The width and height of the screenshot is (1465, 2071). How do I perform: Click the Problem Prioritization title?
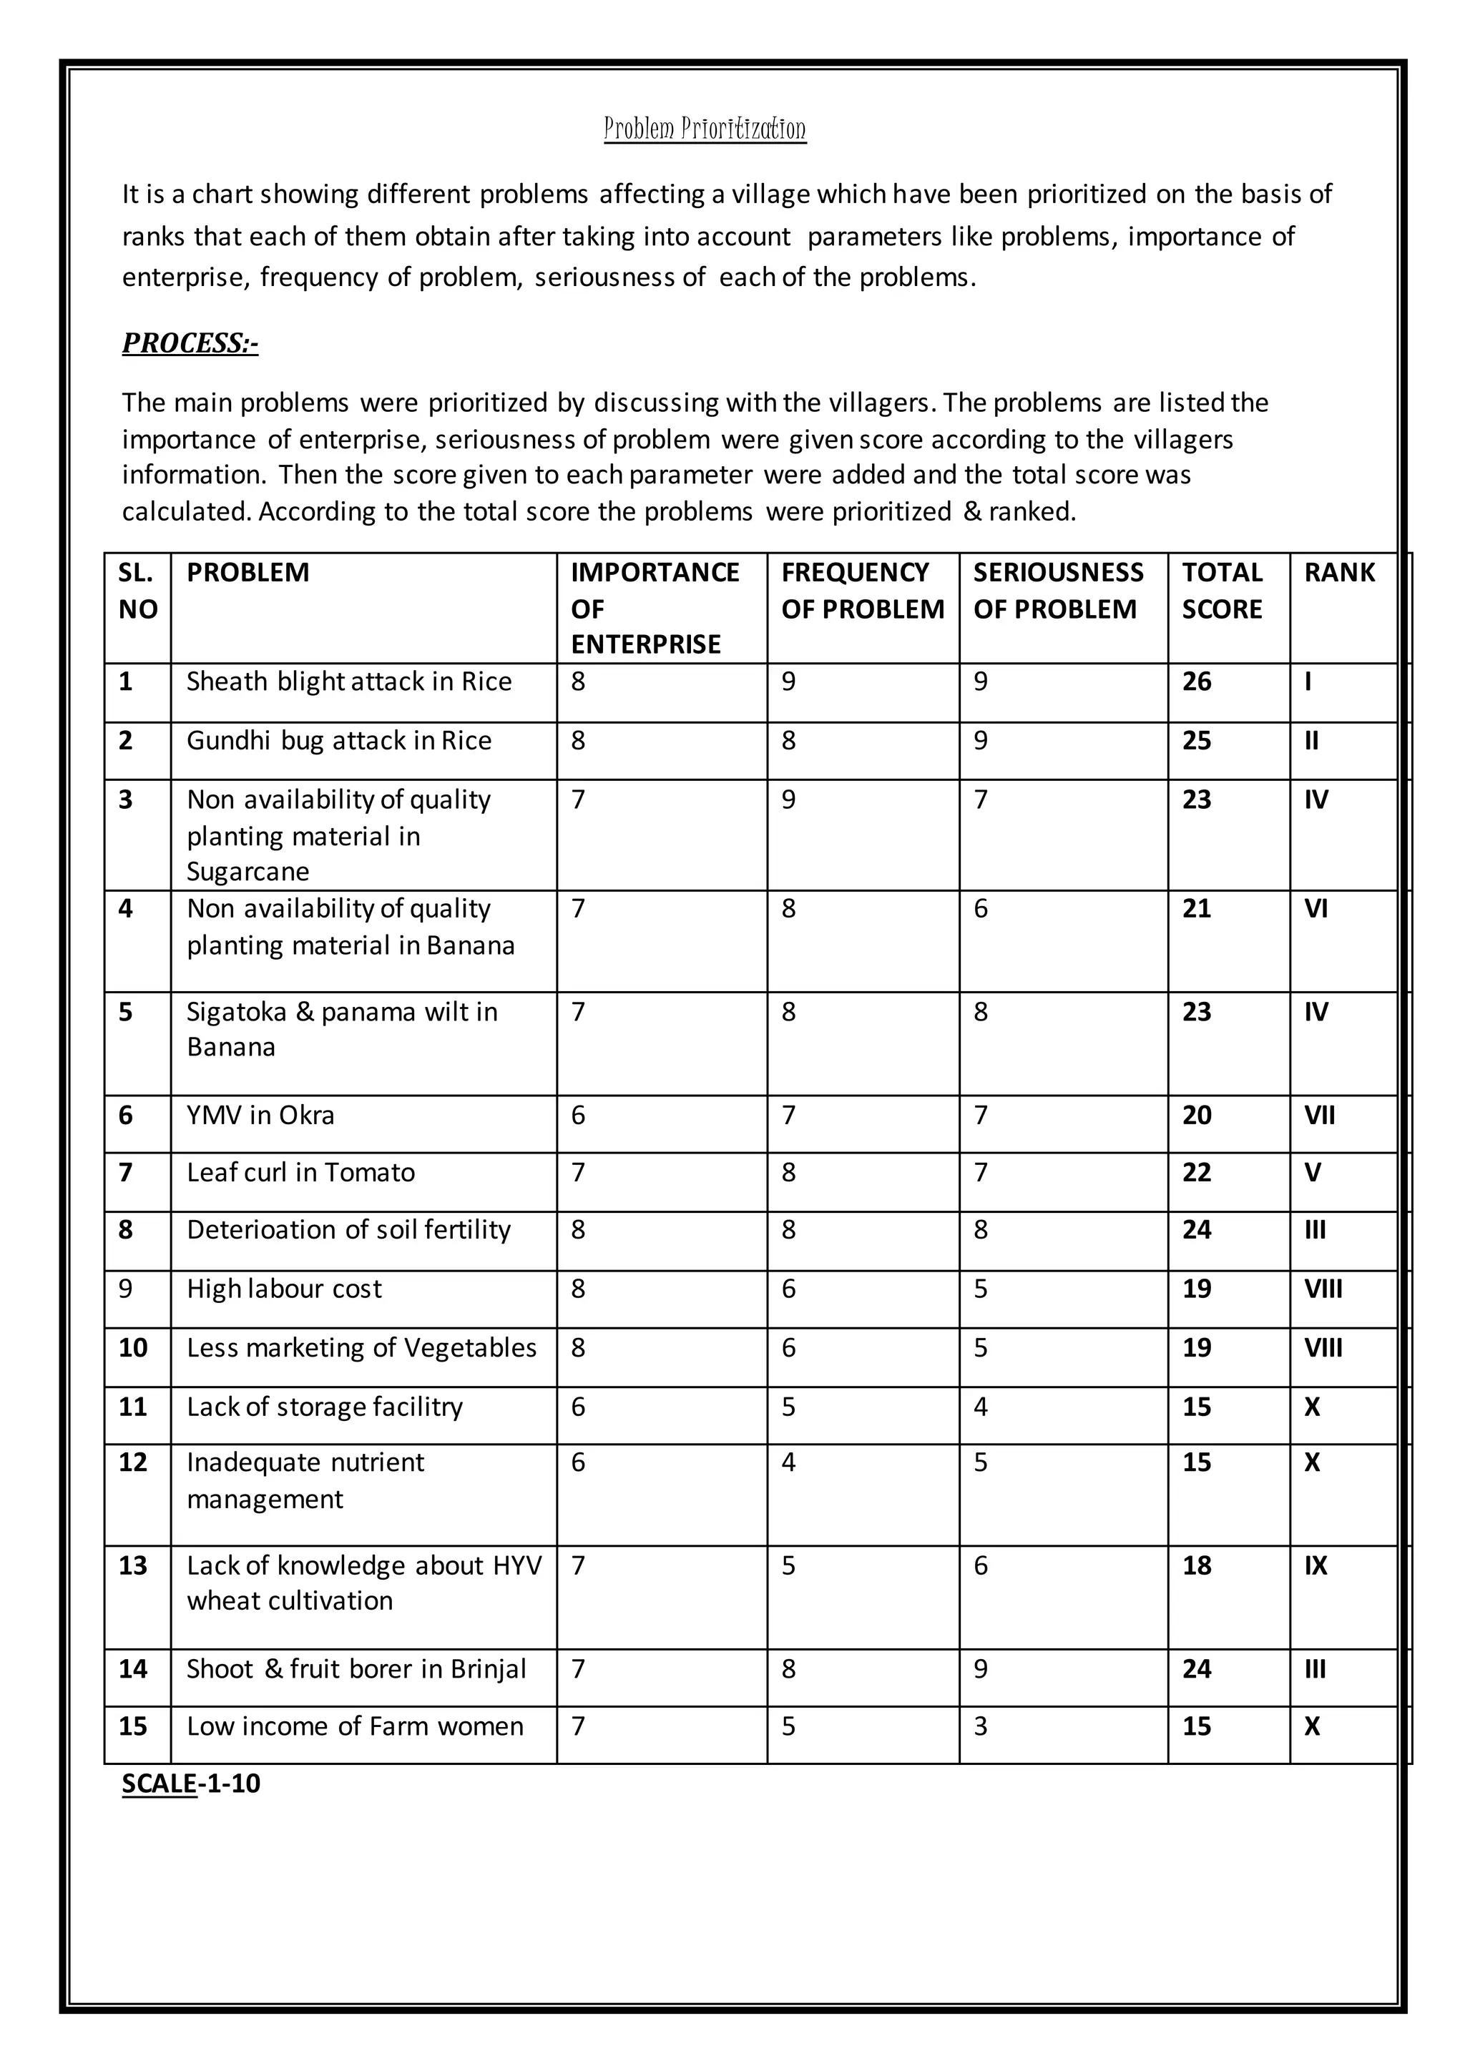705,129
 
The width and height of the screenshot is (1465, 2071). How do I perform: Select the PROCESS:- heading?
190,344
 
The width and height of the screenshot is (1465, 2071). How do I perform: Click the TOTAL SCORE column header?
1222,591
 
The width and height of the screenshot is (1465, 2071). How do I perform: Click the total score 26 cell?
1196,682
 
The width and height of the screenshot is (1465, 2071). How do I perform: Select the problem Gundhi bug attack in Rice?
339,741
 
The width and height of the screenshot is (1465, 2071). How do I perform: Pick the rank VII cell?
1319,1116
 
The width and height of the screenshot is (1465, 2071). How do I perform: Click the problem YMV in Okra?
260,1116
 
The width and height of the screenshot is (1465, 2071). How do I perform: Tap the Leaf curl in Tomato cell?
300,1173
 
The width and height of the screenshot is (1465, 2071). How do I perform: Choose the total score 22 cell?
1196,1173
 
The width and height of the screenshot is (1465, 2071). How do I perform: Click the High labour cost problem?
284,1289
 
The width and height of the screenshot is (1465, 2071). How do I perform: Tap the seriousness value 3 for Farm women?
981,1726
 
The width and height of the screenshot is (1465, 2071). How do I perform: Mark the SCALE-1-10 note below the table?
191,1784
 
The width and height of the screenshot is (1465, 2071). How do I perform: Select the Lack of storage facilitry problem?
325,1407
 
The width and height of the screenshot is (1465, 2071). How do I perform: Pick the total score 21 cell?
1196,908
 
